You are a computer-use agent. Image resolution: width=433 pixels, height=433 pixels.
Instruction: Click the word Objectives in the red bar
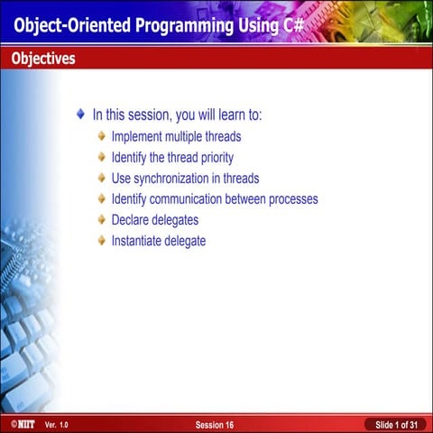(43, 59)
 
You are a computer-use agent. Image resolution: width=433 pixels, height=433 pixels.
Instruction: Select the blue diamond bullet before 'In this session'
(81, 115)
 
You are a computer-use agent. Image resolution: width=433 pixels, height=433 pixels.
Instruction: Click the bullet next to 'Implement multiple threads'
(102, 137)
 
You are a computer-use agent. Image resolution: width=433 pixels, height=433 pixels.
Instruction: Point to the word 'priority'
(213, 158)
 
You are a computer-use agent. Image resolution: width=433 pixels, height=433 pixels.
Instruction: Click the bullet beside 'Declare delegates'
(102, 220)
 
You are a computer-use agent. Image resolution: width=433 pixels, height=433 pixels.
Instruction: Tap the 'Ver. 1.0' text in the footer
(56, 424)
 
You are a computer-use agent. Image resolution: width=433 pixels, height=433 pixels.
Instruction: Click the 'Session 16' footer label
(215, 424)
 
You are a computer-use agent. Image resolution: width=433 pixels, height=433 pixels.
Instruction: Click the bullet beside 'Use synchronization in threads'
(102, 179)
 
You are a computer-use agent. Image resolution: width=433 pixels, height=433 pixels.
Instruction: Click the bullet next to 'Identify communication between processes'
(102, 199)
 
